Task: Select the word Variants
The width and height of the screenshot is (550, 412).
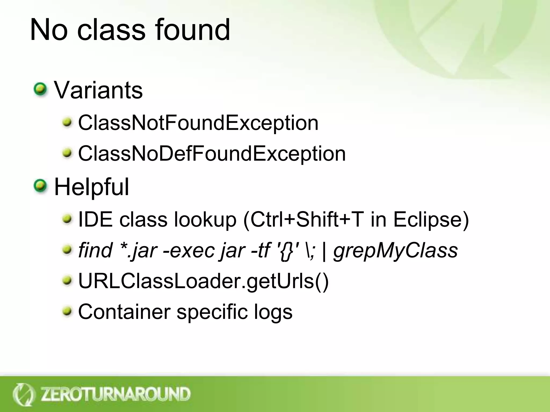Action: click(98, 90)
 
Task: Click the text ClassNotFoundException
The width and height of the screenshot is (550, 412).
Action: click(198, 123)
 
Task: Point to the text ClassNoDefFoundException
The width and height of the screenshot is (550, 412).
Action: click(212, 154)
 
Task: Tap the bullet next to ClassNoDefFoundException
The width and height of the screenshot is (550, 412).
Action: click(67, 153)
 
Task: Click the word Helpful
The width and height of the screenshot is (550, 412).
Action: click(92, 187)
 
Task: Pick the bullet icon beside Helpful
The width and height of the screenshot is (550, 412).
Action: click(41, 186)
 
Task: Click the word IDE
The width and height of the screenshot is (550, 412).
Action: click(95, 219)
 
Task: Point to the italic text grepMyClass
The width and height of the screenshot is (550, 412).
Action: click(395, 250)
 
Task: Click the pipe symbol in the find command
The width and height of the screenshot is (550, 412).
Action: click(324, 251)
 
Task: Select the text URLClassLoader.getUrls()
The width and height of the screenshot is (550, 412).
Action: click(203, 281)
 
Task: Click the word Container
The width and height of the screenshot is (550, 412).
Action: click(124, 312)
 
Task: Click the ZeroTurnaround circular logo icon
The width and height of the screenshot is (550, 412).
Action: click(24, 394)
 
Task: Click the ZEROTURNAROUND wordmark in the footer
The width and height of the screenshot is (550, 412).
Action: click(115, 394)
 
